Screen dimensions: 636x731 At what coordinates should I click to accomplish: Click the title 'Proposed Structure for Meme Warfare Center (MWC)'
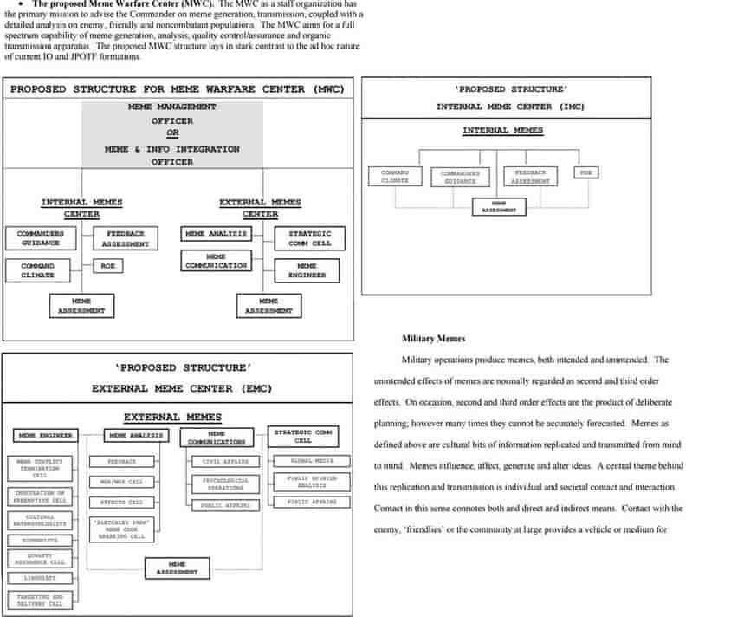click(x=178, y=89)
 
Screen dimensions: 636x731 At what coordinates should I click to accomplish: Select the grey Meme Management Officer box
click(x=172, y=134)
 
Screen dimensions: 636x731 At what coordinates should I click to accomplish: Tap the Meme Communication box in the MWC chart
click(x=217, y=261)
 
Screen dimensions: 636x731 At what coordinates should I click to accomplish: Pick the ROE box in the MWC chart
click(x=107, y=266)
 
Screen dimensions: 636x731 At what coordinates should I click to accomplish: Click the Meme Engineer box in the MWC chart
click(x=307, y=270)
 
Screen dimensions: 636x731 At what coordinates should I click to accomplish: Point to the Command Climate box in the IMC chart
click(x=395, y=176)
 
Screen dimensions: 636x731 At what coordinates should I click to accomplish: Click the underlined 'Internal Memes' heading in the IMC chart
click(x=502, y=131)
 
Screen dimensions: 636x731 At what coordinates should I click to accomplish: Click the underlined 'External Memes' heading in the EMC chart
click(x=172, y=417)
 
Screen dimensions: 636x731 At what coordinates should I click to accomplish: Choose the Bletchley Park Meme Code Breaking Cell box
click(x=121, y=529)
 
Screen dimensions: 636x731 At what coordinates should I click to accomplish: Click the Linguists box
click(x=40, y=578)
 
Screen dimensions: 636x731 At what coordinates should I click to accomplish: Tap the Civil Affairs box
click(x=225, y=462)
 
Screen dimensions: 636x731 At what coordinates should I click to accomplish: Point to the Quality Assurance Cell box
click(x=40, y=559)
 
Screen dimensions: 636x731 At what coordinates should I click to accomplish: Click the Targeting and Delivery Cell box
click(x=40, y=600)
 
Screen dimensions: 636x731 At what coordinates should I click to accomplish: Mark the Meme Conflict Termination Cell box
click(x=40, y=469)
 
